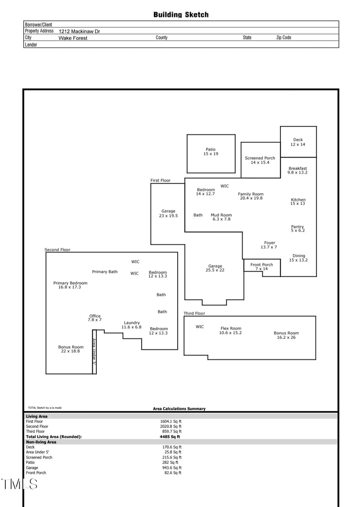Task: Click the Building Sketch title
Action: coord(181,15)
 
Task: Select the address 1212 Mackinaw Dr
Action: coord(79,31)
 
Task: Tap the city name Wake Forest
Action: coord(73,38)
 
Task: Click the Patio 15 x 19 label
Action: coord(211,152)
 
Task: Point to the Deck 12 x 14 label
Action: coord(298,142)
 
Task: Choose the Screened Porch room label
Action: coord(260,160)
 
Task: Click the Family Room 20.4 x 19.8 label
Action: coord(251,196)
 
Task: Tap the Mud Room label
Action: coord(221,217)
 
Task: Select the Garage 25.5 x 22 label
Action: coord(215,268)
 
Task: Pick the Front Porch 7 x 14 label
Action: coord(261,267)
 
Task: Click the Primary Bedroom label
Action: coord(70,285)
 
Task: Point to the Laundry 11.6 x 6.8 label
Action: coord(132,325)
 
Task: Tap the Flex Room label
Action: coord(231,330)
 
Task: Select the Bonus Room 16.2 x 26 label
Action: coord(286,335)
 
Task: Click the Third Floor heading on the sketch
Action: coord(194,313)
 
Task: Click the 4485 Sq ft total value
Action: coord(170,436)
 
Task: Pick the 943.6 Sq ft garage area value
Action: coord(172,467)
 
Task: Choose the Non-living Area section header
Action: coord(41,442)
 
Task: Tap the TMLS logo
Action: coord(19,484)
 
